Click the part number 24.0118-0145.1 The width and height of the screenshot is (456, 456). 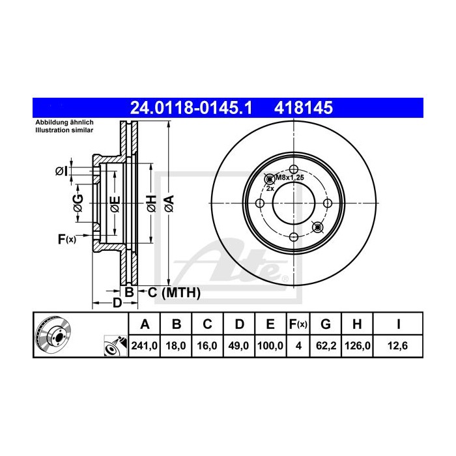tap(191, 108)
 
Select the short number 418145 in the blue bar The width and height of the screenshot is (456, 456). tap(304, 108)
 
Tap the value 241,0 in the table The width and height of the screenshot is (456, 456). tap(144, 346)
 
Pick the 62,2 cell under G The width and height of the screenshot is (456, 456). tap(326, 346)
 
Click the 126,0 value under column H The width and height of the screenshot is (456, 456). tap(358, 346)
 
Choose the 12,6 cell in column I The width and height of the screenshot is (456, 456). tap(397, 346)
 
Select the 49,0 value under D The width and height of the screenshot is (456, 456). tap(238, 346)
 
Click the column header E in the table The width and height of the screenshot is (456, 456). tap(270, 324)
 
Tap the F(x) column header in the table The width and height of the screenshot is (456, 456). tap(298, 324)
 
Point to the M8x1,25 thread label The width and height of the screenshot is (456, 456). tap(289, 177)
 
